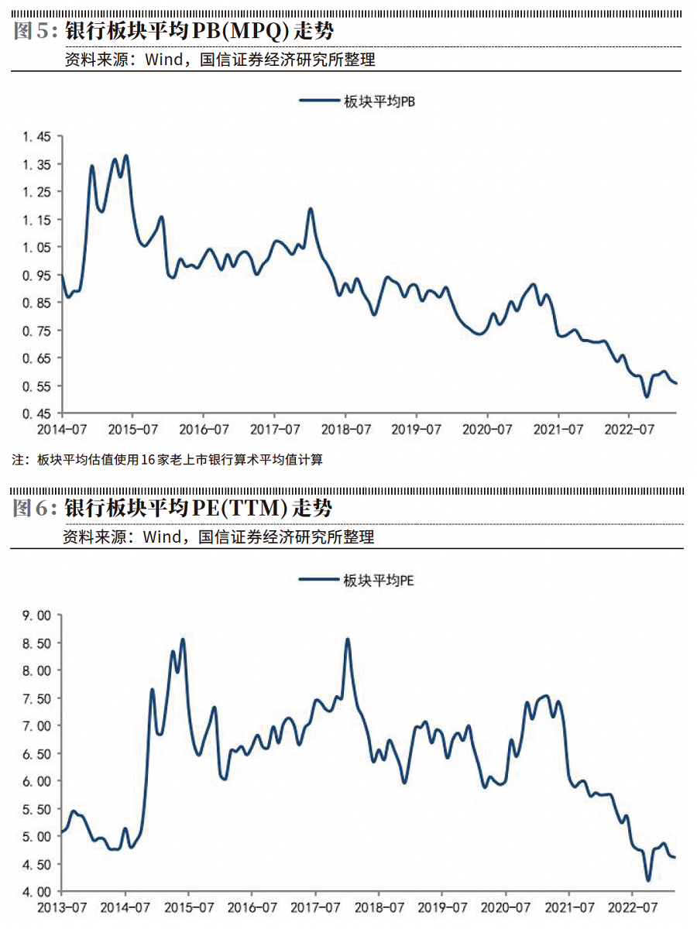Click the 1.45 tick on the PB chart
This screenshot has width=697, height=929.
(x=36, y=137)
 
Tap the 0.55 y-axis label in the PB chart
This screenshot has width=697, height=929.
(x=36, y=386)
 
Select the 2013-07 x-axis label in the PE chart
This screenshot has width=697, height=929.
(x=61, y=907)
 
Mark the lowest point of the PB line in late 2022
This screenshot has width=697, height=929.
(x=647, y=396)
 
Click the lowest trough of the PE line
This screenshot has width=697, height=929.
(x=648, y=880)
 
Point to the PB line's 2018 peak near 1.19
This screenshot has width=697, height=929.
(x=311, y=208)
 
